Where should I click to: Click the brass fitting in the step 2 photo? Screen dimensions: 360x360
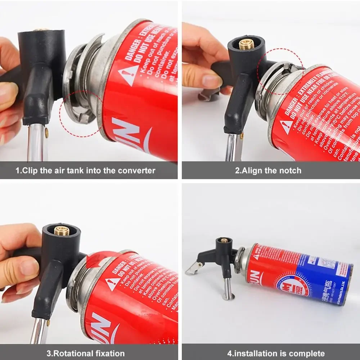point(247,44)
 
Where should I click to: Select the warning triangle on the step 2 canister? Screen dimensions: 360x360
point(287,127)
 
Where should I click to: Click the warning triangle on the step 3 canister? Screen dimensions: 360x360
point(113,284)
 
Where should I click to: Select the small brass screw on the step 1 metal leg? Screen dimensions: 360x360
point(47,132)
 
